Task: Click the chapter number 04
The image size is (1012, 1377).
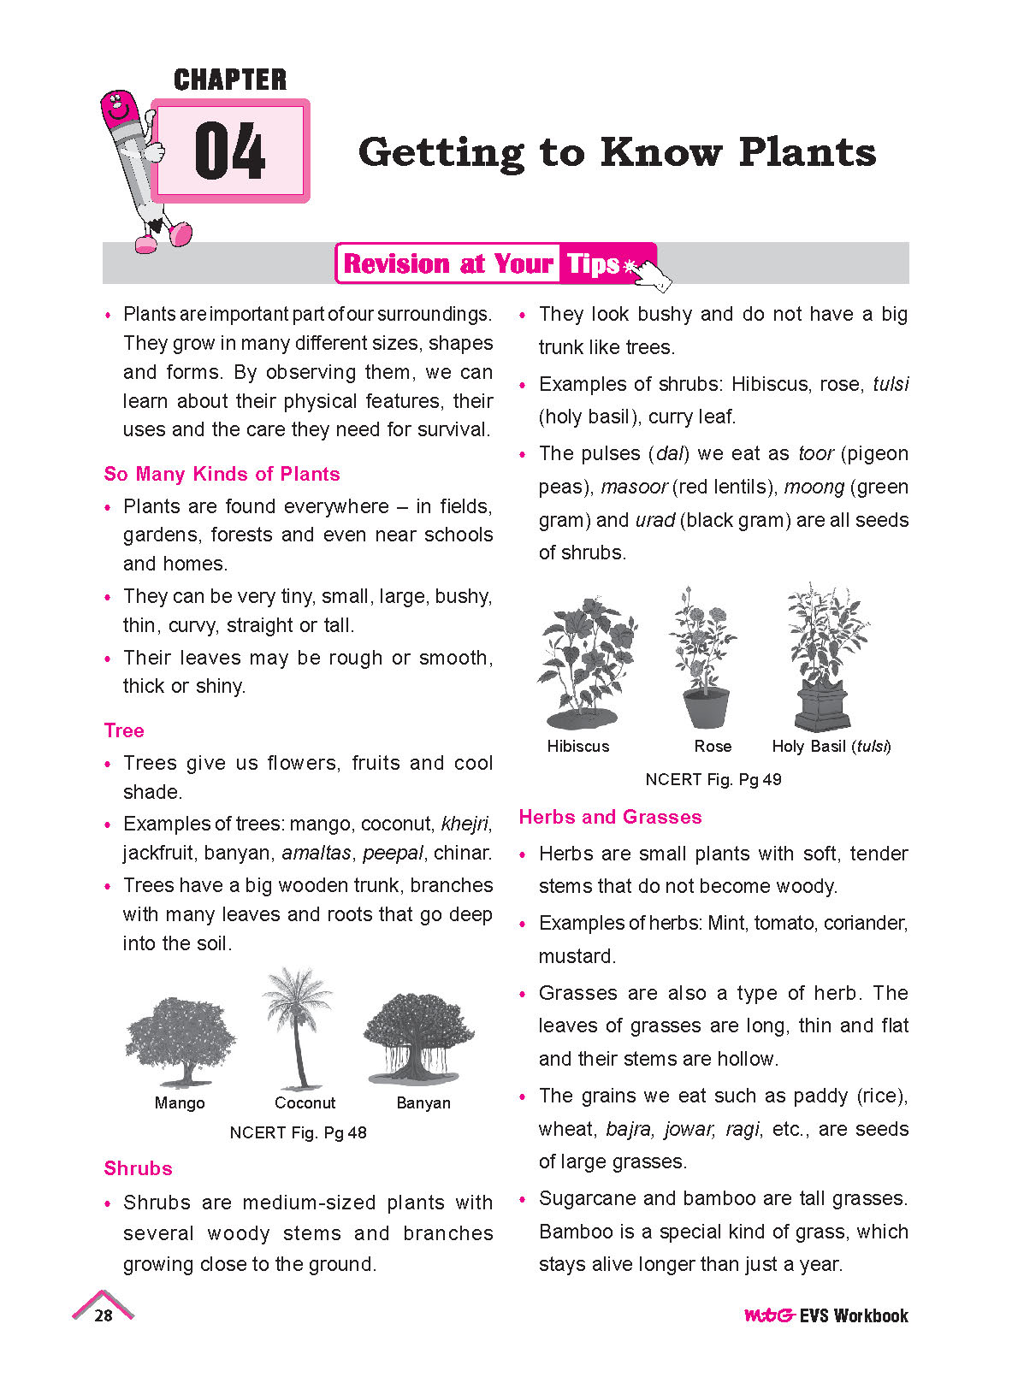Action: tap(229, 151)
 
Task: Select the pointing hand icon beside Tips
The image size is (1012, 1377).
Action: tap(652, 274)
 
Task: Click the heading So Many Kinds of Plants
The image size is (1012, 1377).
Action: tap(222, 474)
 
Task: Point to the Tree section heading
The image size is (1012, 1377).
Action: tap(124, 730)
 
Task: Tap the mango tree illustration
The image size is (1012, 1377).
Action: tap(180, 1040)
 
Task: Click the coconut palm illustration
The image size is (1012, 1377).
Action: tap(297, 1026)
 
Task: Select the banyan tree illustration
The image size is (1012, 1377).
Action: tap(419, 1037)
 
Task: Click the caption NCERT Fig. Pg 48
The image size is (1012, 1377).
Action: tap(298, 1132)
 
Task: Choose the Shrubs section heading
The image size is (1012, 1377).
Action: tap(138, 1168)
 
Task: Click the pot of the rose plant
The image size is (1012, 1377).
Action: tap(707, 708)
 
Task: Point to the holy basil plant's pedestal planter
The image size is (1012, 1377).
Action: tap(822, 705)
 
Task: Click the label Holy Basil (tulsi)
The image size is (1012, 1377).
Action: tap(831, 746)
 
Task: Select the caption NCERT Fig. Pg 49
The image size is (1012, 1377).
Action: tap(713, 779)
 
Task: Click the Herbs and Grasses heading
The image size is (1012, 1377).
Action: tap(610, 817)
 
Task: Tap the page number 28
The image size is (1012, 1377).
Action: tap(104, 1315)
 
